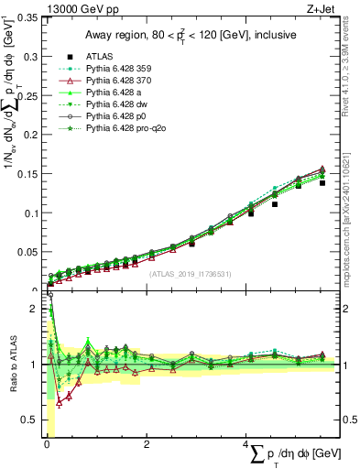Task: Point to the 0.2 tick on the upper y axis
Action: tap(32, 134)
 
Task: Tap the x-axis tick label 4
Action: tap(247, 446)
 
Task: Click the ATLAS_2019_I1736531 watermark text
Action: tap(189, 274)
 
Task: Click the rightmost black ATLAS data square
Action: tap(322, 183)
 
